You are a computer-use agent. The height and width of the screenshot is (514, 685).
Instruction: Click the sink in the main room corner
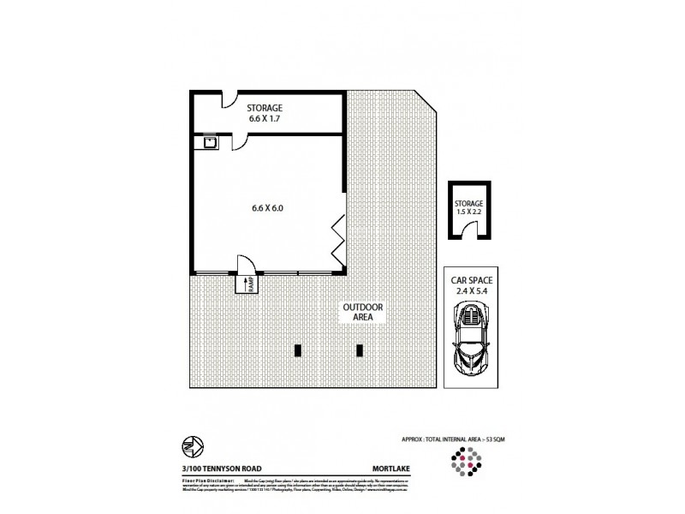coord(208,142)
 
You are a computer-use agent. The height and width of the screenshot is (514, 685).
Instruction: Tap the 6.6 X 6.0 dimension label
coord(267,206)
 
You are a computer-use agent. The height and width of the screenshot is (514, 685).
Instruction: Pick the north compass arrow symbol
coord(191,445)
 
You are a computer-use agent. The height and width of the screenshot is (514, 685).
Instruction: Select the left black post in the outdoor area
coord(298,350)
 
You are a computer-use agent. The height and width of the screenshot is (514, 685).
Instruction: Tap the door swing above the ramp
coord(247,265)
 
